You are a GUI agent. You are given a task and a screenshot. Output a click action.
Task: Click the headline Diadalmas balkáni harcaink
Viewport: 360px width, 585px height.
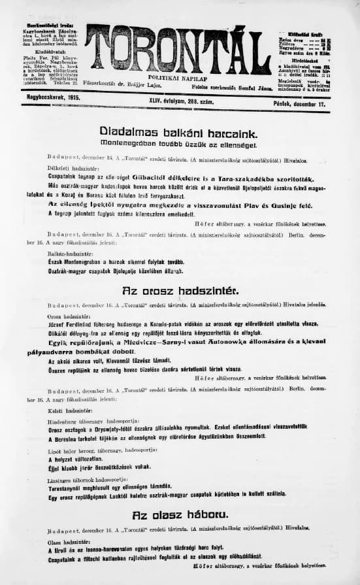pyautogui.click(x=180, y=130)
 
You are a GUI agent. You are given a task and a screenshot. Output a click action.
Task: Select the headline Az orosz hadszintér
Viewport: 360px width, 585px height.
pyautogui.click(x=180, y=290)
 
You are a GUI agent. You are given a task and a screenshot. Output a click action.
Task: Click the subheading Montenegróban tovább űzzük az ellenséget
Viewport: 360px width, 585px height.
pyautogui.click(x=180, y=143)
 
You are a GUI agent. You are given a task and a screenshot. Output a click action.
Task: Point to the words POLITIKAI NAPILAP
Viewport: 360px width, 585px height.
pyautogui.click(x=177, y=77)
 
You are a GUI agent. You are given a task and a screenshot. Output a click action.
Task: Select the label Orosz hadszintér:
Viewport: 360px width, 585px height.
pyautogui.click(x=69, y=316)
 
